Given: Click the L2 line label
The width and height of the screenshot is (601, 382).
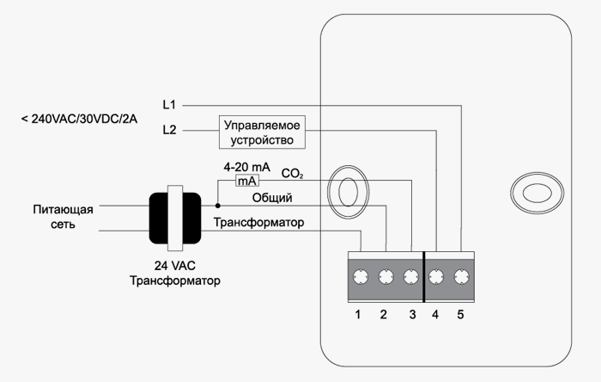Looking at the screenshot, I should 169,130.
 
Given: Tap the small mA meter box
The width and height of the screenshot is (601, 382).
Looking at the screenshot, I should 247,181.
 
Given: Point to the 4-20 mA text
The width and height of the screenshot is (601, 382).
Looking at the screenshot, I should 246,166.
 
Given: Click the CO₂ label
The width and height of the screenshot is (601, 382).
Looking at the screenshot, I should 293,174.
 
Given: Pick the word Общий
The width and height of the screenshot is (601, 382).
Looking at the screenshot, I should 272,198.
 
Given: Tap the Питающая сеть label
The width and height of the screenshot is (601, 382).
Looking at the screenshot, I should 61,217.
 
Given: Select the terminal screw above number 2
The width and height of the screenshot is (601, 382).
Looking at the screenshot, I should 386,277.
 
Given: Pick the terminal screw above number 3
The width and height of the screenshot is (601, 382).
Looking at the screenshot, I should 410,277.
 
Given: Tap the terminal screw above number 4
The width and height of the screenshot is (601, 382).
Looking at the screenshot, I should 436,277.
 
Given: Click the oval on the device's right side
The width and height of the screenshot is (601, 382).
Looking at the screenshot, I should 534,191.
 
